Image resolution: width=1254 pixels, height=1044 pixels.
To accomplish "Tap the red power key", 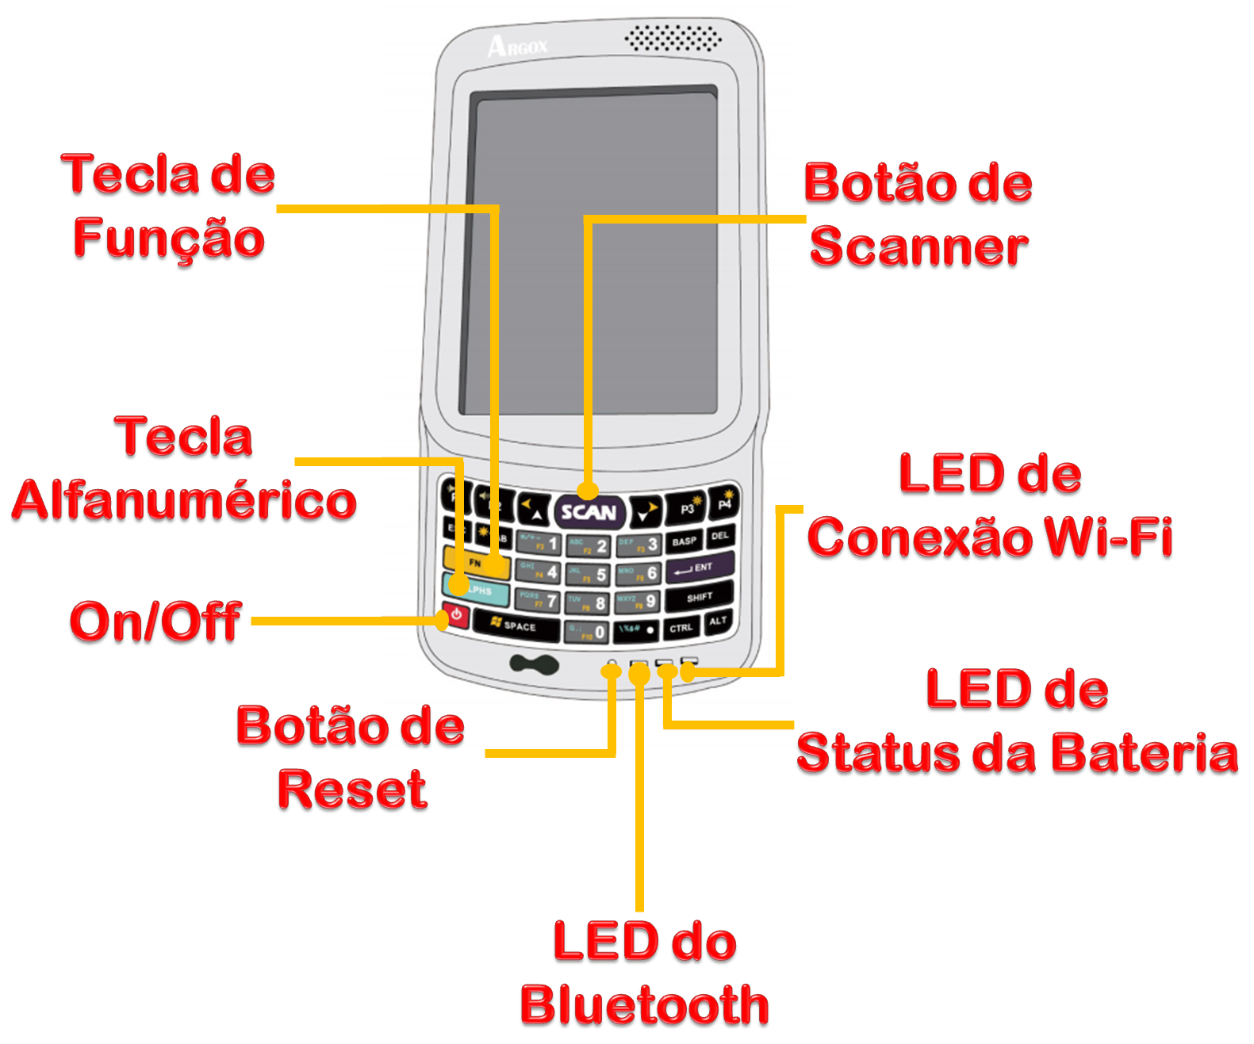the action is tap(457, 617).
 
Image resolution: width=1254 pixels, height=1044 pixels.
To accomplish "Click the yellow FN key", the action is tap(477, 562).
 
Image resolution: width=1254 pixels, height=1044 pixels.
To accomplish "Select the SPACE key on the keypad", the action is tap(516, 625).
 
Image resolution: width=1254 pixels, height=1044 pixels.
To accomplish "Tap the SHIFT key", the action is tap(699, 597).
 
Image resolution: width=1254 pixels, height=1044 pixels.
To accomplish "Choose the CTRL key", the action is tap(681, 628).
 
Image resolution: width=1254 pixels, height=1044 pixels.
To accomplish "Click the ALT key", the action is tap(717, 621).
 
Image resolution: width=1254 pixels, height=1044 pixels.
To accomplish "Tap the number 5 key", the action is tap(589, 575).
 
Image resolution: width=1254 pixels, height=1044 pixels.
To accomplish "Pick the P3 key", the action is tap(686, 508).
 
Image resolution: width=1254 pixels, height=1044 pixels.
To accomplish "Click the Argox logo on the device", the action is tap(517, 46).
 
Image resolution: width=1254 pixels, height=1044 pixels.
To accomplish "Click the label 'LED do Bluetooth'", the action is tap(644, 973).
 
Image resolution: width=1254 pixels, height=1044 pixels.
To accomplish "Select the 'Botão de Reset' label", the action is tap(351, 757).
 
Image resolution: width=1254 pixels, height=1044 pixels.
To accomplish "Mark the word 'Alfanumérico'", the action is tap(184, 500).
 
